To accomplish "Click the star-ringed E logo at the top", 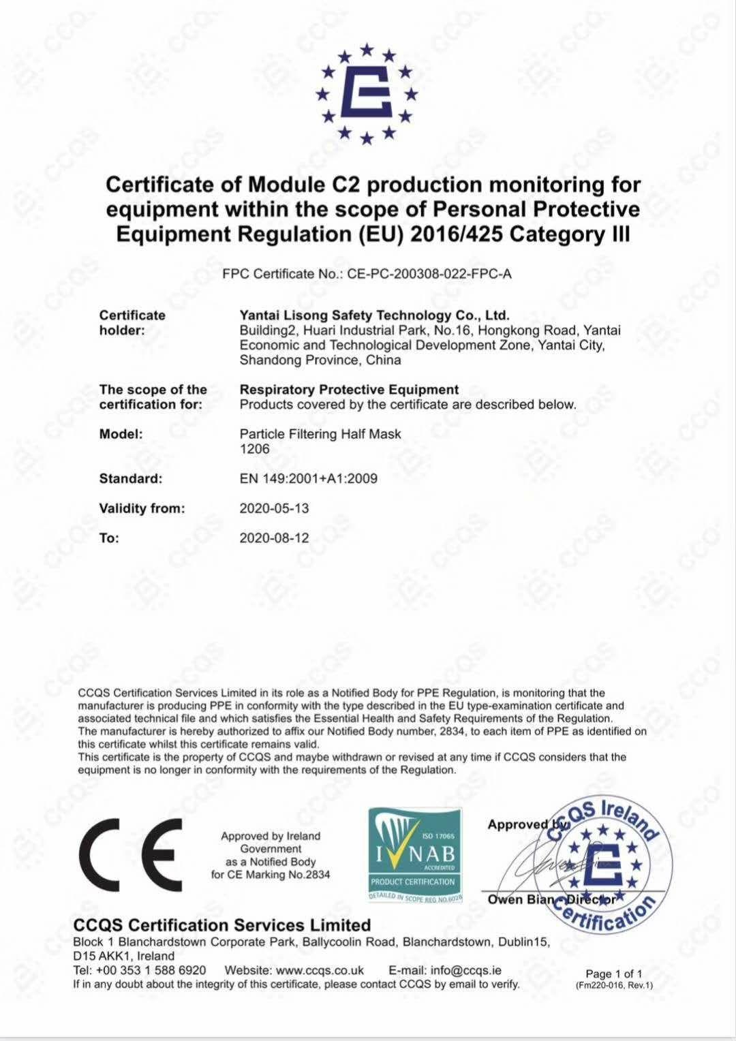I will [367, 93].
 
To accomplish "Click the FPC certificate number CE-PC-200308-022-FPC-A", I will [429, 274].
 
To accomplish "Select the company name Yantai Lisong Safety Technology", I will [374, 315].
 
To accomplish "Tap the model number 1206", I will [254, 449].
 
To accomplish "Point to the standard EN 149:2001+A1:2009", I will [308, 478].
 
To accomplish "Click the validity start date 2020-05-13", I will [274, 508].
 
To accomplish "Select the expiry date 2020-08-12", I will [274, 538].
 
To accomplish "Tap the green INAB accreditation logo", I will [415, 856].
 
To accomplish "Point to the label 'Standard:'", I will [131, 478].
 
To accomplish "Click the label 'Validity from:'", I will [142, 508].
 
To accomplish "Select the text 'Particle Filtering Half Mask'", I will [320, 434].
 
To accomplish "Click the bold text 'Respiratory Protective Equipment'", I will [349, 390].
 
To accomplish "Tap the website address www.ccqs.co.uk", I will [320, 970].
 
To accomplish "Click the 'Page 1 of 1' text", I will [613, 974].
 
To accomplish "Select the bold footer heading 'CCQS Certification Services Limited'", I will [222, 925].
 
